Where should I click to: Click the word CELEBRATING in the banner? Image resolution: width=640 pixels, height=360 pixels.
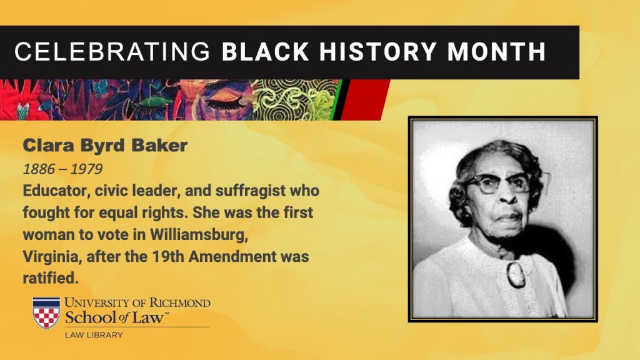pos(112,51)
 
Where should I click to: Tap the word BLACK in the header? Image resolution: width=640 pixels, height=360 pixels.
pos(265,51)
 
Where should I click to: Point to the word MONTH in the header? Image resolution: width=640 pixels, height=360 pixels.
pos(496,51)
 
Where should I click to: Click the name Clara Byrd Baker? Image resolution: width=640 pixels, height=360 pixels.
pos(105,146)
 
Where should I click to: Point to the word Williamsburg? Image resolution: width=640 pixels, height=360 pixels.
pos(199,235)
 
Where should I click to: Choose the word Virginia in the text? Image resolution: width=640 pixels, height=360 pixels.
pos(52,257)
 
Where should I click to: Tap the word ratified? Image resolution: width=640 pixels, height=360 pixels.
pos(50,278)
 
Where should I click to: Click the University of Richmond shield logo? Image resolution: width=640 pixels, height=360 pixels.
pos(46,312)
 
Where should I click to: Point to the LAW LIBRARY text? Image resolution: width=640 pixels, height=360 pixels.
pos(94,335)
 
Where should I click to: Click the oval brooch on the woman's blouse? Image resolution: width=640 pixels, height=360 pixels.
pos(516,275)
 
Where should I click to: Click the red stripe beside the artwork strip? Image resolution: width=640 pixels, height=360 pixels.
pos(364,99)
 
